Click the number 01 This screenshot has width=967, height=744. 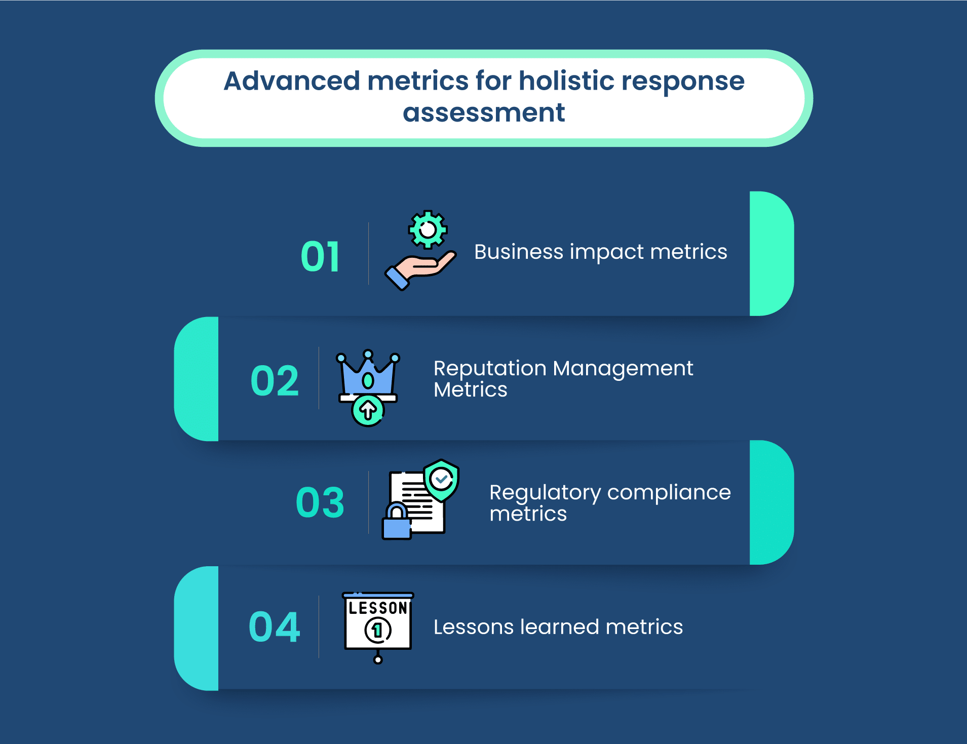[x=320, y=257]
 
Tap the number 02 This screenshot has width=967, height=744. [x=275, y=380]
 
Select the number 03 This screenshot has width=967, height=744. [x=320, y=502]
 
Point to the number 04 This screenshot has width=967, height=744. [x=275, y=627]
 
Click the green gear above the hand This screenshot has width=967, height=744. [x=428, y=229]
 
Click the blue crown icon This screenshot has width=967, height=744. [x=368, y=375]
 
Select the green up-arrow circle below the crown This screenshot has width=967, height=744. [x=368, y=411]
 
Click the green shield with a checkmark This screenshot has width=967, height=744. [x=442, y=480]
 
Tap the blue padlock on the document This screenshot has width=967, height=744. [x=397, y=521]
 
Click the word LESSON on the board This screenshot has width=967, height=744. [x=378, y=608]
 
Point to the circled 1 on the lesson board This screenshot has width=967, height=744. [x=378, y=631]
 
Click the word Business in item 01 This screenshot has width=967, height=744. [x=519, y=252]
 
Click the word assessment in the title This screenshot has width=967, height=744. [x=484, y=112]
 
